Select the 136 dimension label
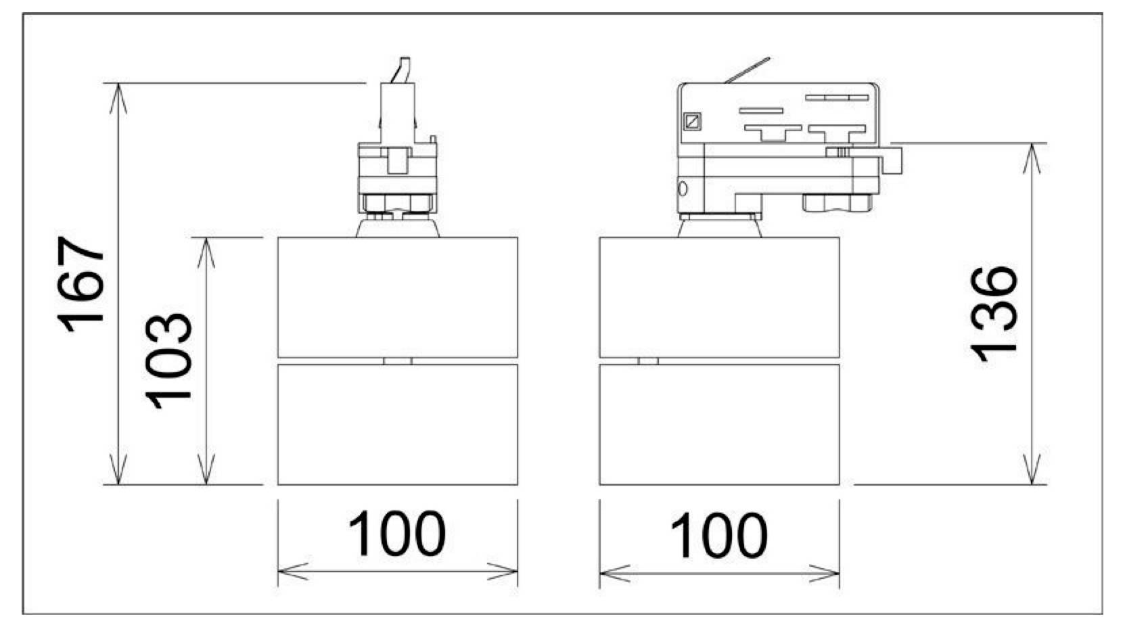(993, 314)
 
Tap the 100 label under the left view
(397, 534)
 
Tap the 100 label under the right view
(719, 535)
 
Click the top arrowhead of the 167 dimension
(118, 98)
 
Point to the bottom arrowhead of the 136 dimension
(1032, 469)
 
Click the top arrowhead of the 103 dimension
(206, 252)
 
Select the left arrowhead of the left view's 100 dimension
(294, 572)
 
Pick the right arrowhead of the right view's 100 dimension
(824, 574)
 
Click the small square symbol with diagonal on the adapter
(693, 122)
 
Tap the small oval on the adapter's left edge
(682, 189)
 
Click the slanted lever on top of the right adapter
(748, 70)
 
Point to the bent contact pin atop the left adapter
(403, 70)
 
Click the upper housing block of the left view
(398, 297)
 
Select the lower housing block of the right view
(720, 425)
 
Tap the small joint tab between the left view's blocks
(398, 361)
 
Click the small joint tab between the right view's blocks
(648, 361)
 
